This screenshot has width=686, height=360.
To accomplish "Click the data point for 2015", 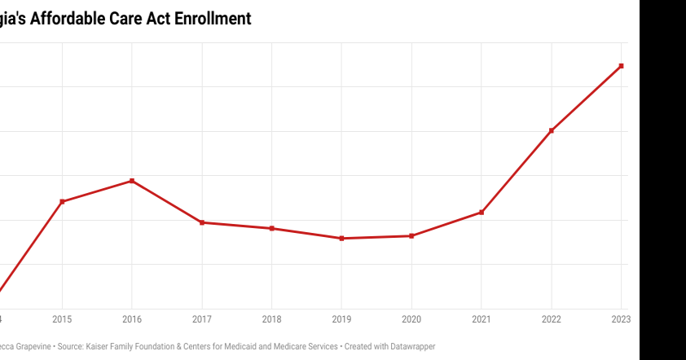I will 62,201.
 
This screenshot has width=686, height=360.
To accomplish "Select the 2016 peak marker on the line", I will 132,181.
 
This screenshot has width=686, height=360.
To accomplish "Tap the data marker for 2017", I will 202,222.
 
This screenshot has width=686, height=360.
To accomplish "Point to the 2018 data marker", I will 272,228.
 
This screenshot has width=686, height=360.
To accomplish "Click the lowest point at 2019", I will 341,239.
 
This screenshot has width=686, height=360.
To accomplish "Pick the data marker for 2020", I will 411,236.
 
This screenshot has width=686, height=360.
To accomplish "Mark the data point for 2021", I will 482,213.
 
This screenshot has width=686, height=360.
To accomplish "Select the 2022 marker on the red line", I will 552,130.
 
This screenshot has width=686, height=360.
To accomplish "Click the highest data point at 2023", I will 622,66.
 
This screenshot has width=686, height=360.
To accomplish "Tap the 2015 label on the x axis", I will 62,319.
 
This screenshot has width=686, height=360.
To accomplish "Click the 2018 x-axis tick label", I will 272,319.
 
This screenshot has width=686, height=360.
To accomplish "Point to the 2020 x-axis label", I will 411,319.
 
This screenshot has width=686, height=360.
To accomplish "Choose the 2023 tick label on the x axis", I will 621,319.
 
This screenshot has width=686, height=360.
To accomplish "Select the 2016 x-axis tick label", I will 132,319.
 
